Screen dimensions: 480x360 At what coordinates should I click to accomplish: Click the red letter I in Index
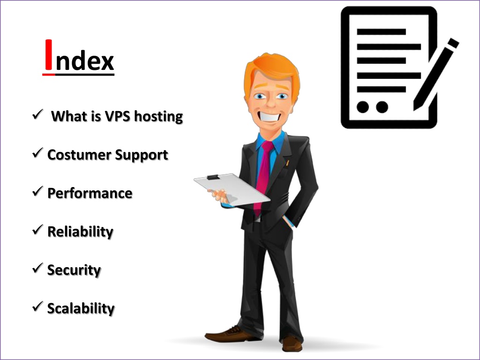point(49,55)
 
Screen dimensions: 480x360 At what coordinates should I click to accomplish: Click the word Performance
point(90,194)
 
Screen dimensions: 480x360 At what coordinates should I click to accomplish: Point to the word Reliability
point(80,232)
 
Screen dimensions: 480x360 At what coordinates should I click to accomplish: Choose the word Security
point(74,270)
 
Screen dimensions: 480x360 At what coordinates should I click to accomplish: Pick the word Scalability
point(81,308)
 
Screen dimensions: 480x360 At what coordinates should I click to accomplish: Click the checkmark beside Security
point(37,268)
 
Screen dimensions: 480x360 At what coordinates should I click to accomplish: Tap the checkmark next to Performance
point(37,191)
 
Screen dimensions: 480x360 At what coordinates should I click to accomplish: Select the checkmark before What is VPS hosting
point(37,114)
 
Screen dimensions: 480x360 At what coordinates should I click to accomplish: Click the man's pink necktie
point(262,178)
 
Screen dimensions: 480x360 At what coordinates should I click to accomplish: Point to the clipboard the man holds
point(232,189)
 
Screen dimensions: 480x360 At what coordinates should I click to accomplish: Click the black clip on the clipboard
point(213,177)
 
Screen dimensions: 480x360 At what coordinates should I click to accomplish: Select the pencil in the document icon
point(436,74)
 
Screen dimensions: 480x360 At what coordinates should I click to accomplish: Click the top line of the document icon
point(382,31)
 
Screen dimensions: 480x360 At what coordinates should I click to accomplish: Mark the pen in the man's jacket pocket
point(287,163)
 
